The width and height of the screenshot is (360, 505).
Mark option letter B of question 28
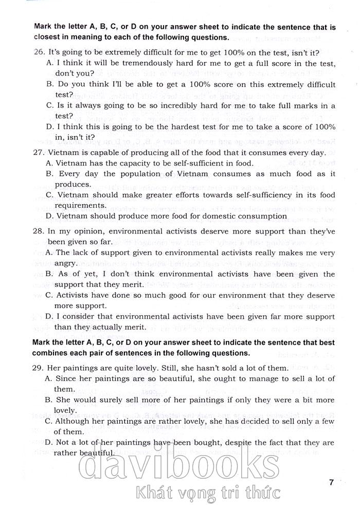click(x=49, y=274)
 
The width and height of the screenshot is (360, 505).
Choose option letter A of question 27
click(x=49, y=163)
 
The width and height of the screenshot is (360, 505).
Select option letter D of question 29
click(x=49, y=442)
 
